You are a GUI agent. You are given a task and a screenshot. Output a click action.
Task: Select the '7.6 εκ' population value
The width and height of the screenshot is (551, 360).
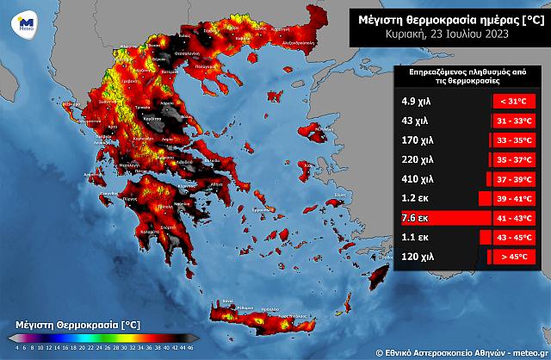(x=415, y=218)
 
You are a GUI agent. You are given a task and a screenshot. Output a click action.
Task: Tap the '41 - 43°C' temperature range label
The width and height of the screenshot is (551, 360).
(x=514, y=218)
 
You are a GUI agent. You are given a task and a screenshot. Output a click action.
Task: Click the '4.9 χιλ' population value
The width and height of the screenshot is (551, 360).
(x=418, y=102)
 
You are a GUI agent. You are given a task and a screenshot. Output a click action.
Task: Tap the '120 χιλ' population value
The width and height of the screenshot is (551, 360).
(x=418, y=257)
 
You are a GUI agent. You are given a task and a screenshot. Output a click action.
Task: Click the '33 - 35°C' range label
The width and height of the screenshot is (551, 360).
(x=514, y=140)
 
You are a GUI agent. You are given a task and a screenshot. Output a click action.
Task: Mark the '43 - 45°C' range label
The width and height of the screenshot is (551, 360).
(x=514, y=238)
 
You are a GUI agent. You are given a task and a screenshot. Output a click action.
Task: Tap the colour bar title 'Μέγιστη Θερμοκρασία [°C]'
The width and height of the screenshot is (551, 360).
(x=72, y=323)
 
